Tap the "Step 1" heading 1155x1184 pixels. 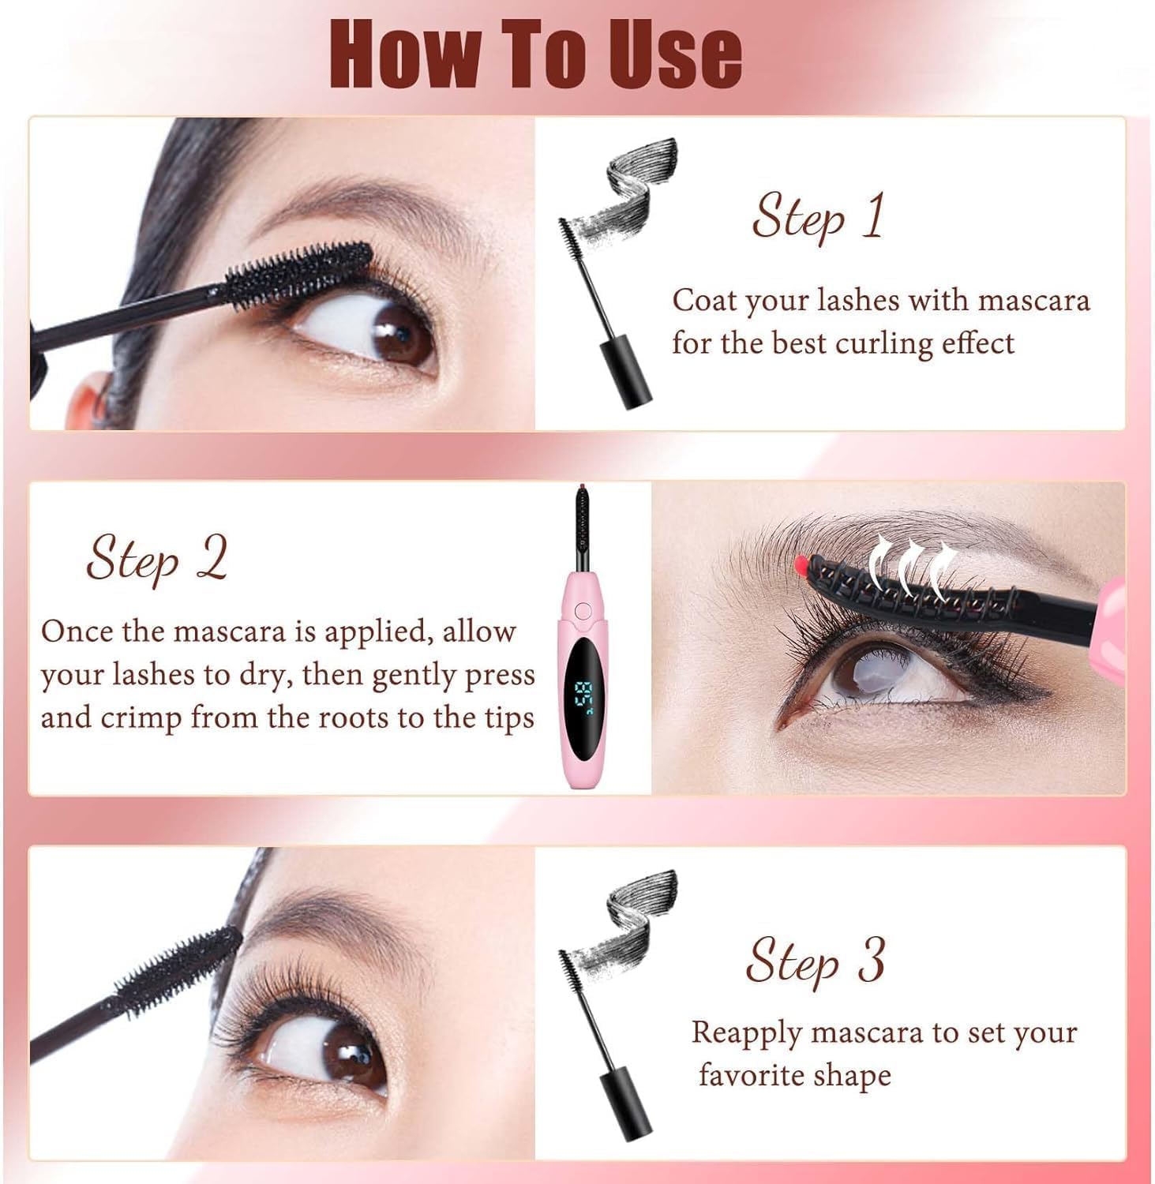(818, 216)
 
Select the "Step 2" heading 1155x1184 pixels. (156, 559)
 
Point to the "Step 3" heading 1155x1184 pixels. (815, 961)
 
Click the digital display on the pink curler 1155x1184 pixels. (585, 695)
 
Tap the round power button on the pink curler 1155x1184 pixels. (583, 610)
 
